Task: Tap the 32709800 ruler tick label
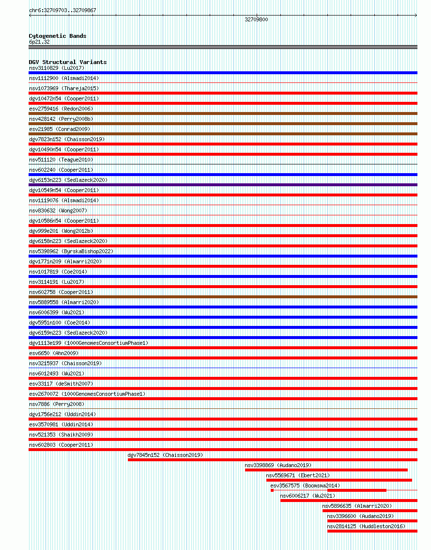[256, 19]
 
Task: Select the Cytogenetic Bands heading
[57, 36]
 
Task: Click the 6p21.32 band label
[39, 42]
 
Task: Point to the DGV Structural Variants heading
[67, 62]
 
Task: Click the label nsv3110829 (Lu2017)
[56, 68]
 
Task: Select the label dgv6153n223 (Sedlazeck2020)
[67, 180]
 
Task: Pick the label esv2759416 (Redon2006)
[61, 109]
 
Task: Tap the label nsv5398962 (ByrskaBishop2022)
[71, 251]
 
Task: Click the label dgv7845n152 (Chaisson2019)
[165, 455]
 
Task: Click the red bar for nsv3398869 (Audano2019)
[326, 470]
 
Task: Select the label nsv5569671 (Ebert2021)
[298, 475]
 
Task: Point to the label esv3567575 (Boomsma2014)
[305, 485]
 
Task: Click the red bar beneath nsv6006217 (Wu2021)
[349, 501]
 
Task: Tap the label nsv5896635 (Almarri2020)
[357, 506]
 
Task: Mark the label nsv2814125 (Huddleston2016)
[366, 526]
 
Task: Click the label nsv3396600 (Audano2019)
[360, 516]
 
